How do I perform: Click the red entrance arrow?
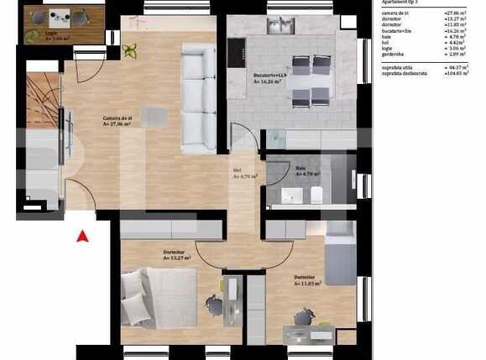82,237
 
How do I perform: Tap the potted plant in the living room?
130,51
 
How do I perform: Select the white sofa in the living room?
198,98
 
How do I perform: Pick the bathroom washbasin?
290,196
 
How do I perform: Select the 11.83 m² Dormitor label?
306,280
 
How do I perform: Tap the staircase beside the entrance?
42,101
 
